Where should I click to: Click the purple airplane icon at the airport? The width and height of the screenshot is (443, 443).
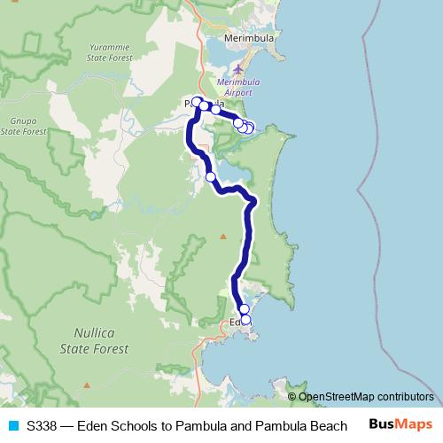pos(237,69)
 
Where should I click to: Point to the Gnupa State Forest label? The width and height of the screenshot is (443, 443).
pos(23,126)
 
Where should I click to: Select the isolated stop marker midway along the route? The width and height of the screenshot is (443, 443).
pos(211,177)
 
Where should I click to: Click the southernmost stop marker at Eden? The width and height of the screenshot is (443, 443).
pos(246,320)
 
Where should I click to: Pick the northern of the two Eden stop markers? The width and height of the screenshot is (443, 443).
pos(245,309)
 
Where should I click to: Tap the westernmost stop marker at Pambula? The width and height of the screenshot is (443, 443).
pos(197,102)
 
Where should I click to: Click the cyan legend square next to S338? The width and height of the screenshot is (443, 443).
pos(12,425)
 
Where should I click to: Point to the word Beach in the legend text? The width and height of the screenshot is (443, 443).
pos(328,425)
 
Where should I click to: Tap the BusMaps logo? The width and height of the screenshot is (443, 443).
pos(401,424)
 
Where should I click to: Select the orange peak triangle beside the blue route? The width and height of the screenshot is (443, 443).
pos(223,236)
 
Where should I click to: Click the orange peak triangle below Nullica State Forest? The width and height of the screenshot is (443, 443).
pos(88,385)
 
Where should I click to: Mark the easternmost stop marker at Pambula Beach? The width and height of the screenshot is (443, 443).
pos(250,128)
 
